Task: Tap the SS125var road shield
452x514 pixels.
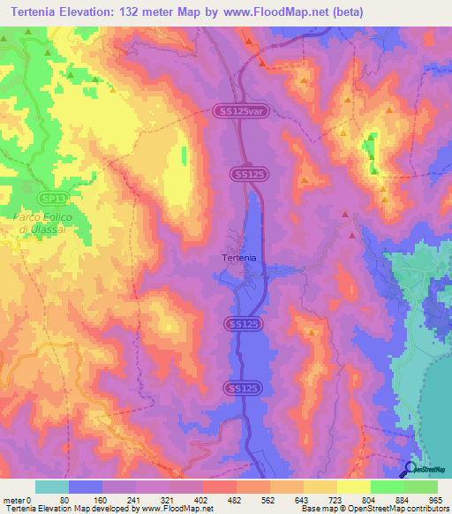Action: (x=237, y=110)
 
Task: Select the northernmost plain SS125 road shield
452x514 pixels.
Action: (x=250, y=175)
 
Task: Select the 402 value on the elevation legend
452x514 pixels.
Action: (x=201, y=500)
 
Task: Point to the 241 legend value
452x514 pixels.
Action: (x=134, y=500)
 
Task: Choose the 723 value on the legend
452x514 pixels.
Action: (x=335, y=500)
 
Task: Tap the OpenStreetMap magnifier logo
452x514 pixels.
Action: (x=412, y=469)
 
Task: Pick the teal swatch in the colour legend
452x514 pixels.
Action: (x=52, y=487)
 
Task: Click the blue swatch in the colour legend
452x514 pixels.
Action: (x=86, y=487)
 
